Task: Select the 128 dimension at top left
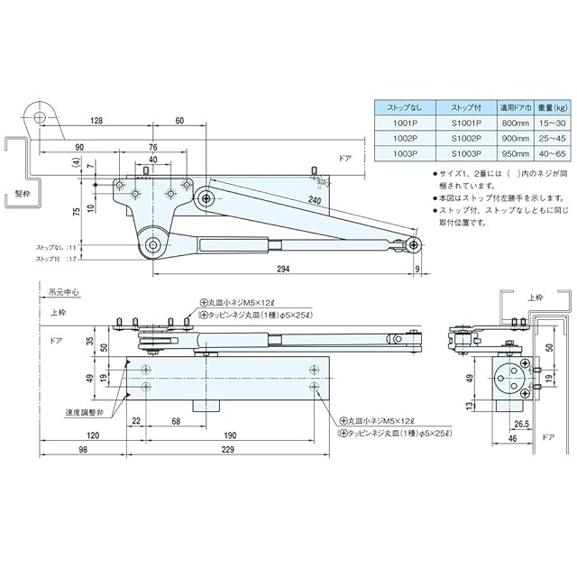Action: click(x=97, y=120)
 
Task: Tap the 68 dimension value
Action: click(x=176, y=422)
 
